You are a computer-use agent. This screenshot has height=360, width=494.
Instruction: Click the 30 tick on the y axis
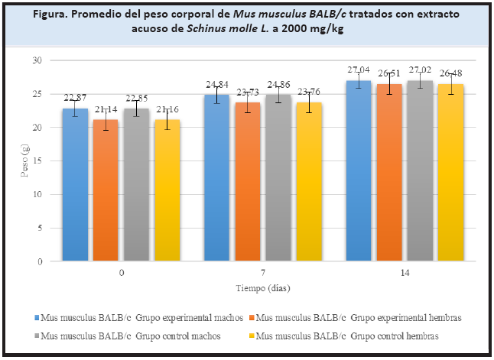[x=36, y=60]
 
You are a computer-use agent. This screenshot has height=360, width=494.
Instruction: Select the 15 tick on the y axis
[x=36, y=161]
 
